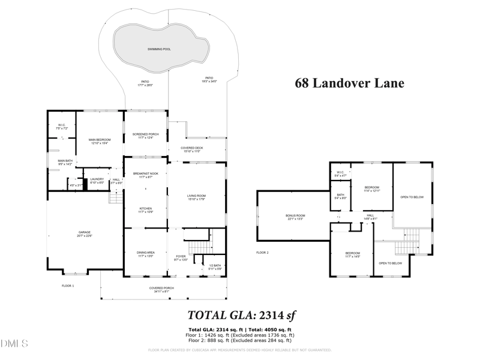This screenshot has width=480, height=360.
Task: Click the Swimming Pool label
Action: click(159, 49)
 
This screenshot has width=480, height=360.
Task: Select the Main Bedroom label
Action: click(100, 141)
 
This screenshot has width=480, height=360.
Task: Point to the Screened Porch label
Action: click(145, 136)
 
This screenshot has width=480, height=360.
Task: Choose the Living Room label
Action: click(197, 197)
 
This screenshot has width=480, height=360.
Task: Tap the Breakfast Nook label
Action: click(145, 175)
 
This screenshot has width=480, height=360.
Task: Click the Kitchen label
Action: click(145, 211)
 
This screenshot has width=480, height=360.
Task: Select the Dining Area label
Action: click(146, 254)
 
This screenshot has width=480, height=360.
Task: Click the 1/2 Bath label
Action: click(215, 267)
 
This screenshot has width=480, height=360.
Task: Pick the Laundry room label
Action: click(97, 180)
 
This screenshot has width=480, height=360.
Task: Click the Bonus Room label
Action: click(295, 217)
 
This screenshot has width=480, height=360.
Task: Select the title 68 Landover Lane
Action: click(349, 83)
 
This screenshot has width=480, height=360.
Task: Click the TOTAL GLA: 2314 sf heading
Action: click(242, 314)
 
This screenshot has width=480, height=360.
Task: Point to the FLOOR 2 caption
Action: click(262, 253)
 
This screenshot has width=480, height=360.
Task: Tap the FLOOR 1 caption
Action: click(68, 286)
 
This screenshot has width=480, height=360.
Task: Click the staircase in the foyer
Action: click(196, 247)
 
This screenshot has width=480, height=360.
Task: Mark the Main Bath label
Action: click(65, 162)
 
